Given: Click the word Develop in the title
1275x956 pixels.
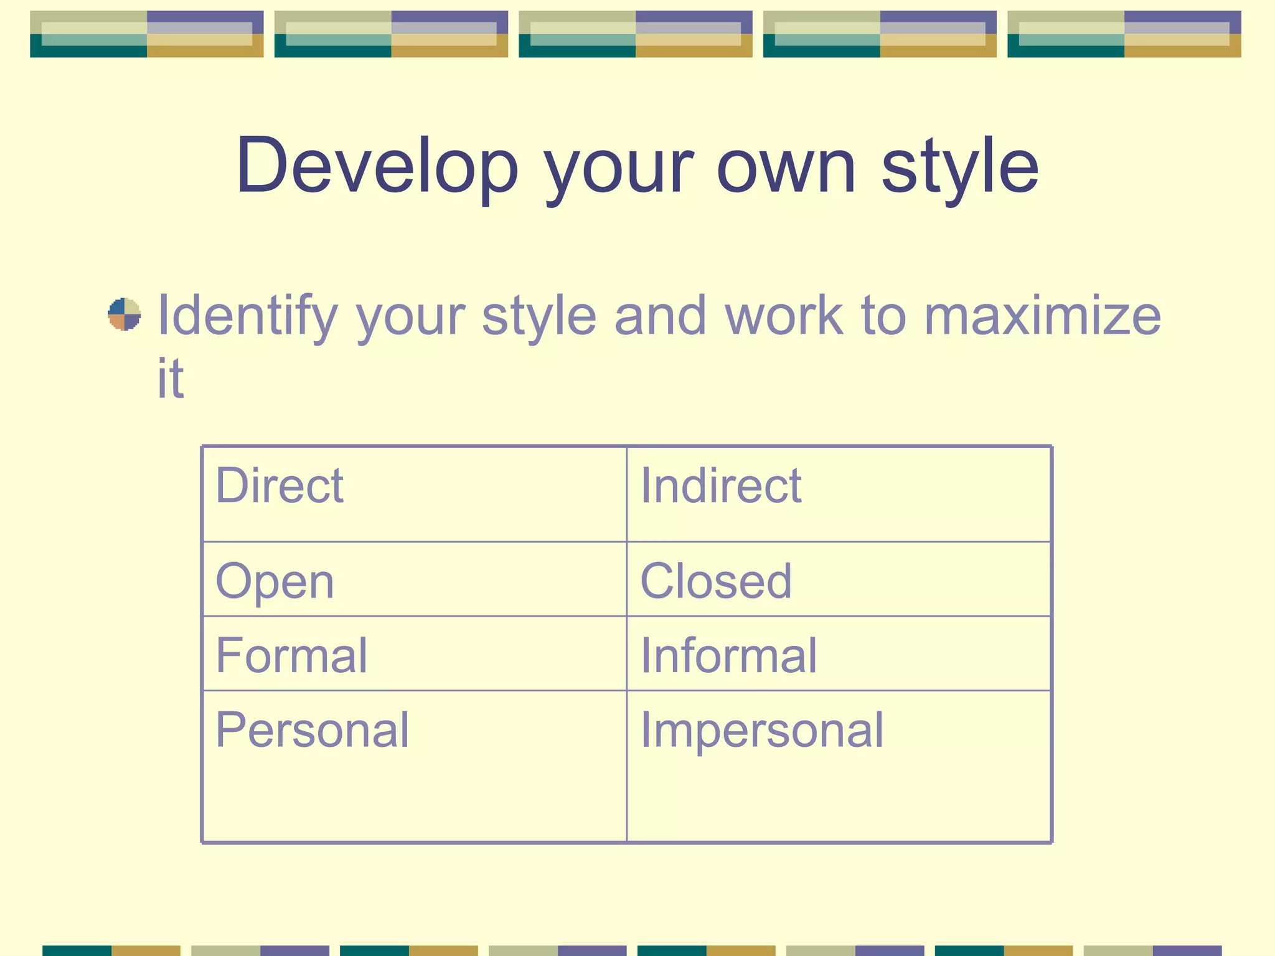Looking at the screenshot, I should (377, 167).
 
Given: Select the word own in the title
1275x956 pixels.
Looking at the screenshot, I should (786, 167).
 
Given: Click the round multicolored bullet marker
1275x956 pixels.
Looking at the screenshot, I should (124, 314).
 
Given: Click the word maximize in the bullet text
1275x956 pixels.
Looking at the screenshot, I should (1042, 316).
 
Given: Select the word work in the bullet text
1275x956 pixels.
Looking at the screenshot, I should (784, 316).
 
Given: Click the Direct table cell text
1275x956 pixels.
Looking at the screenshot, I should (280, 485).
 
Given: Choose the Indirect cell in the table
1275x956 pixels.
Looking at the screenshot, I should (721, 485).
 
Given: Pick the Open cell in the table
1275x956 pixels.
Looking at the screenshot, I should (275, 582).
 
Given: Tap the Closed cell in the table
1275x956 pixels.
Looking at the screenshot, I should (716, 581).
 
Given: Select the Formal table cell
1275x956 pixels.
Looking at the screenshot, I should (291, 655).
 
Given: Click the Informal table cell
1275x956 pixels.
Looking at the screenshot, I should (728, 655).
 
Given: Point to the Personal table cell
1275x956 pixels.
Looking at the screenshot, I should (313, 730).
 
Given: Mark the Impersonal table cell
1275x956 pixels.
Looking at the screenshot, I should (762, 730).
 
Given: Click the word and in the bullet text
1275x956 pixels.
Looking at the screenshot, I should (660, 316).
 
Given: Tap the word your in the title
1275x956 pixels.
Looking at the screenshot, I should (618, 167).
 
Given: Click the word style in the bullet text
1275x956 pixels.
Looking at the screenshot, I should (539, 316).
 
